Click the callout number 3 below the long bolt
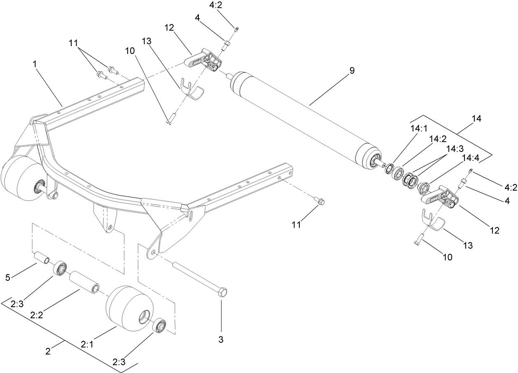point(221,340)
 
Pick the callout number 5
point(7,277)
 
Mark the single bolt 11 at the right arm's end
point(320,201)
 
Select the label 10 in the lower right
point(447,257)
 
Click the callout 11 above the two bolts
point(73,42)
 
